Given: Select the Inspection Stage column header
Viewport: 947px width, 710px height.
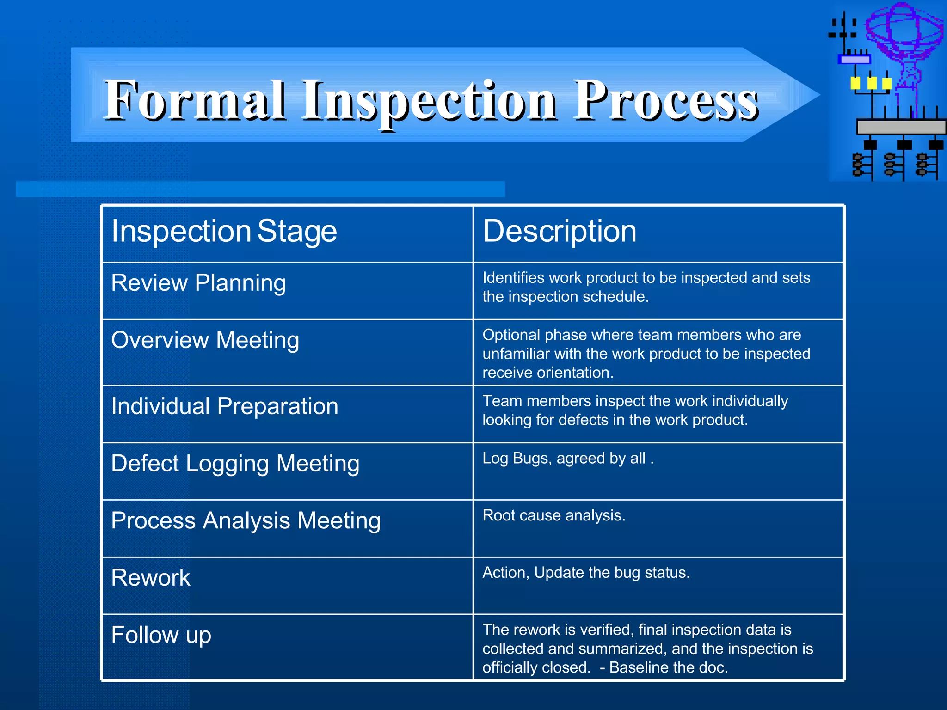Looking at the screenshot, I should (224, 231).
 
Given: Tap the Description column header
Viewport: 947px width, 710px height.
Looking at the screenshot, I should (560, 231).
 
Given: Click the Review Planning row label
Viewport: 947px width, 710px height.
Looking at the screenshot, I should (198, 283).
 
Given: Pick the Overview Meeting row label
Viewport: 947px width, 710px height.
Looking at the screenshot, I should (205, 340).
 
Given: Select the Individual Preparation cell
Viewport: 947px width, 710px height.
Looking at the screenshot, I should (225, 407).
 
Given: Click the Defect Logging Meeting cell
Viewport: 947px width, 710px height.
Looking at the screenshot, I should (235, 464).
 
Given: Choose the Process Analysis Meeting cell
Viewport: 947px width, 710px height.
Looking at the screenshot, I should (246, 521).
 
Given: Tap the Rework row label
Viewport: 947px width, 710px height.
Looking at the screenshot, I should (151, 578).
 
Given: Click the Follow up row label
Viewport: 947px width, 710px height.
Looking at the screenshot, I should (161, 635).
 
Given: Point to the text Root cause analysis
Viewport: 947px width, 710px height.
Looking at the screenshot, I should (553, 515).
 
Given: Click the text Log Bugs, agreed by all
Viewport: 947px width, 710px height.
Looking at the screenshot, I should (567, 458).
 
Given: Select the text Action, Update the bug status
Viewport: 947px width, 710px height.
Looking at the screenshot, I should (586, 573).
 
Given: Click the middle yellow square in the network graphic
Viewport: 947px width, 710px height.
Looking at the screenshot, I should (872, 83).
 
